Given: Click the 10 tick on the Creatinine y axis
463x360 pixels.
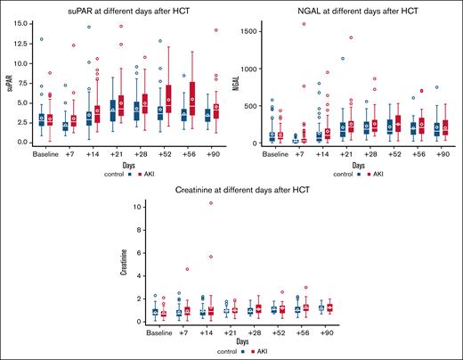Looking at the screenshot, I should pyautogui.click(x=133, y=207).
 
